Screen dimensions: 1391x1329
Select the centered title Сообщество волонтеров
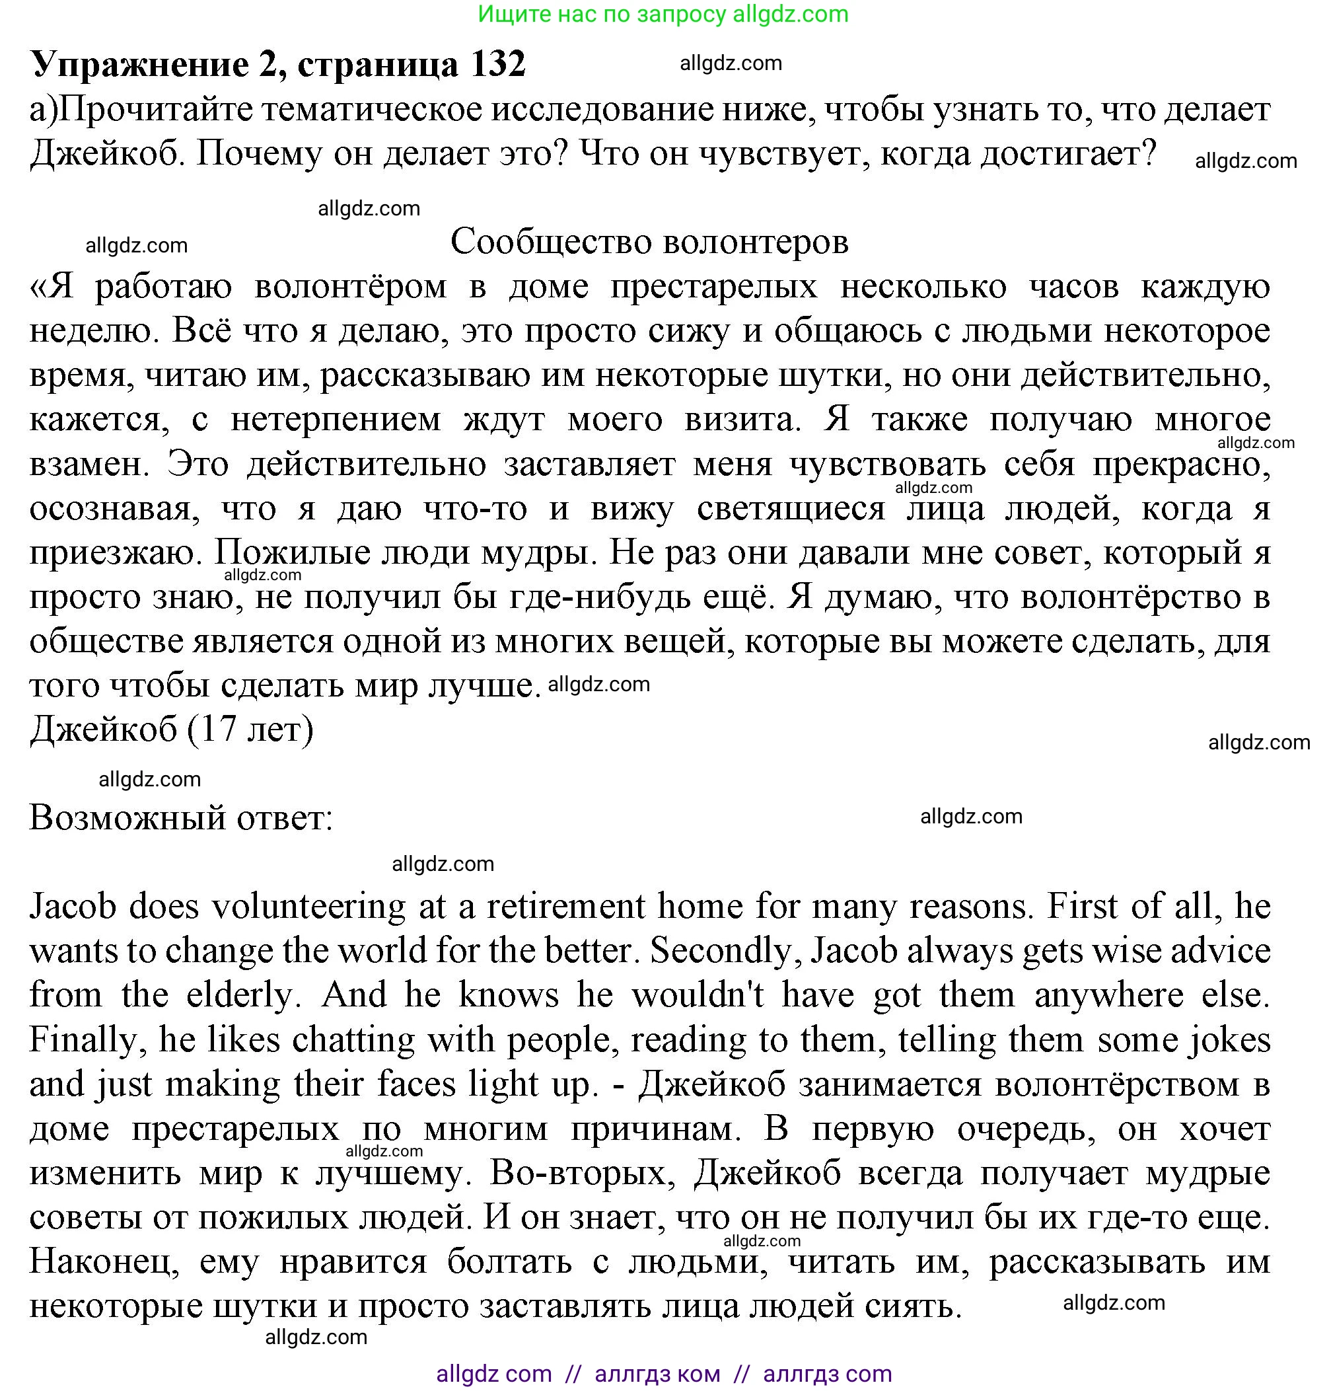tap(649, 243)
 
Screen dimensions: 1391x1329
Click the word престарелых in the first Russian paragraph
tap(714, 287)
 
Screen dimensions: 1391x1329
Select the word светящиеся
tap(791, 509)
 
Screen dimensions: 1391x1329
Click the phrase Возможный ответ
tap(180, 819)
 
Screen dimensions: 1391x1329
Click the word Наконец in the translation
tap(104, 1262)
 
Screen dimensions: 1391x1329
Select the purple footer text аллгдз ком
tap(657, 1373)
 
